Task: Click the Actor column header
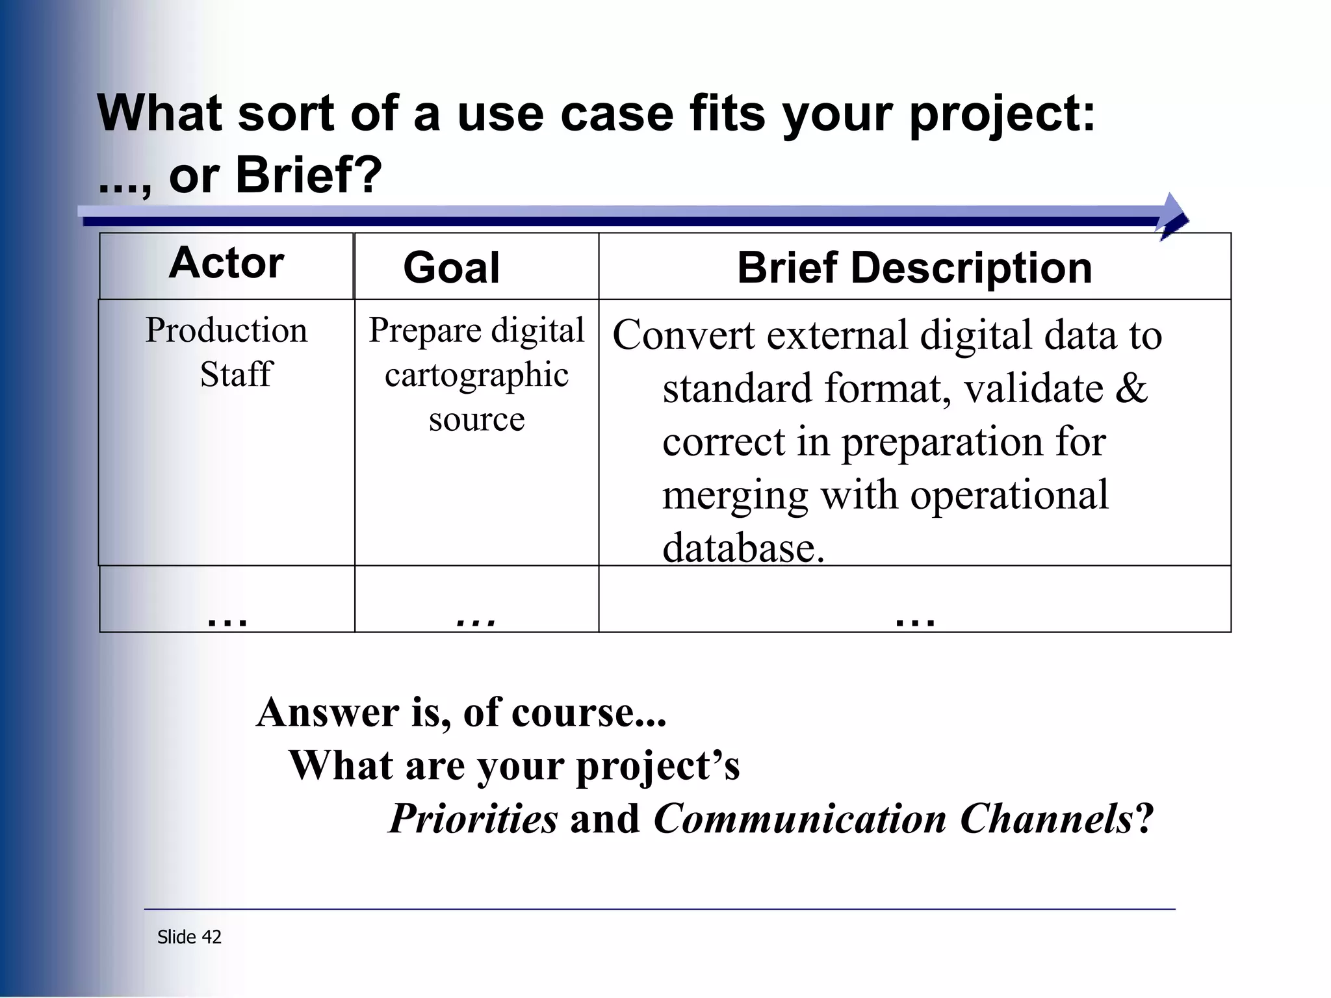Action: click(x=226, y=263)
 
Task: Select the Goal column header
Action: click(x=451, y=268)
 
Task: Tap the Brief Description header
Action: click(x=914, y=268)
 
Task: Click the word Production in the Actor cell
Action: click(x=226, y=330)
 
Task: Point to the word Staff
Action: click(x=235, y=374)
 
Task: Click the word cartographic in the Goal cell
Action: click(x=476, y=376)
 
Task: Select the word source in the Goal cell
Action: click(x=476, y=419)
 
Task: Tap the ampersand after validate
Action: click(x=1131, y=389)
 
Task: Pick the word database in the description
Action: click(x=743, y=548)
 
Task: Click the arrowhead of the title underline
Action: click(x=1174, y=217)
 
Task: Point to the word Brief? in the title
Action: click(x=309, y=175)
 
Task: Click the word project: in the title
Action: click(x=1001, y=114)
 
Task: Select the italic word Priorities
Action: click(x=473, y=819)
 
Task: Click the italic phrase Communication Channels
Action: click(x=894, y=819)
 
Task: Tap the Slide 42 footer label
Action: click(x=189, y=937)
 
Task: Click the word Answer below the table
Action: click(x=327, y=712)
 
